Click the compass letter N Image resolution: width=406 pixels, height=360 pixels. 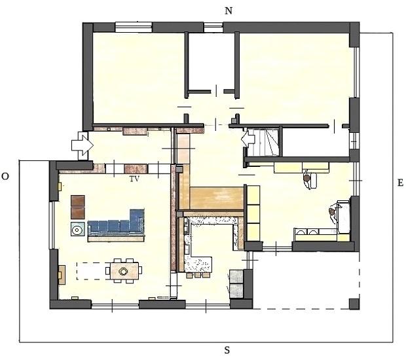click(x=229, y=11)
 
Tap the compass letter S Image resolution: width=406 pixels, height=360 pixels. click(x=227, y=350)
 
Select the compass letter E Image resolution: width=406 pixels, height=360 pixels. click(x=400, y=183)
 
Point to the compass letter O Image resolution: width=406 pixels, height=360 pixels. click(x=5, y=177)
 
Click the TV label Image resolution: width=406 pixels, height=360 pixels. click(x=135, y=179)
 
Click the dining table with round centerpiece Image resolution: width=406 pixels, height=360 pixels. click(x=124, y=271)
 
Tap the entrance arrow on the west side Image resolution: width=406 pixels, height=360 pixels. click(x=83, y=145)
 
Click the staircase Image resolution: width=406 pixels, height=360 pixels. click(x=267, y=143)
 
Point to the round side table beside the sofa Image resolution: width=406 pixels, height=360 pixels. click(x=77, y=229)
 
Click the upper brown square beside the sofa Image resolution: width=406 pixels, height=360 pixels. click(x=78, y=201)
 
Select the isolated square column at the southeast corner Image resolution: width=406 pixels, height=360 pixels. click(x=354, y=304)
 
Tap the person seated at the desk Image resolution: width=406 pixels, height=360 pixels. click(x=307, y=179)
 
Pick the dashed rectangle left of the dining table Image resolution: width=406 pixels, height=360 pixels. click(x=93, y=271)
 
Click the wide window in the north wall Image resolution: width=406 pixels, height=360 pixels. click(x=134, y=27)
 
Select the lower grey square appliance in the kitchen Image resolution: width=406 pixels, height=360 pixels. click(x=236, y=291)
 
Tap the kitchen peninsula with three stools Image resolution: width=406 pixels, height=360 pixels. click(x=198, y=264)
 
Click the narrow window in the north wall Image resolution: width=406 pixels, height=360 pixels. click(x=213, y=27)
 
